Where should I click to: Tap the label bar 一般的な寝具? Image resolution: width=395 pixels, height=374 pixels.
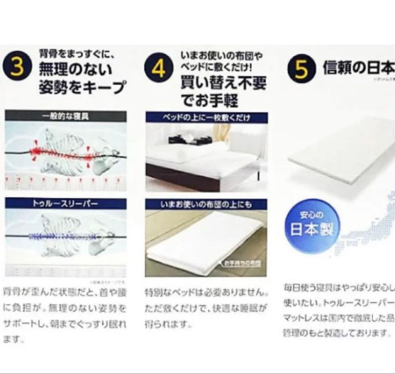click(65, 116)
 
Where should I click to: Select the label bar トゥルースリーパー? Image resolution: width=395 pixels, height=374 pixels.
click(65, 203)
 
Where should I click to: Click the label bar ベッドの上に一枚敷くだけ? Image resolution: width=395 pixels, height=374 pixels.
click(206, 117)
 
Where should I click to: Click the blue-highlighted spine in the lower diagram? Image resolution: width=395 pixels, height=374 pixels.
click(62, 236)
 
